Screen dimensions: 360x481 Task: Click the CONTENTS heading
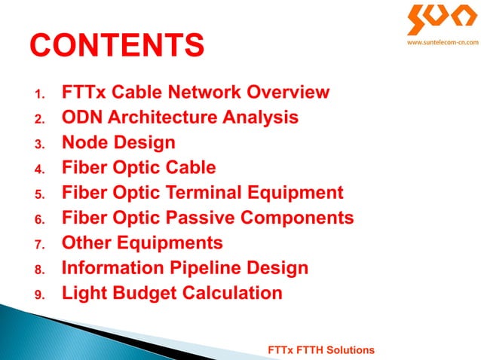click(117, 45)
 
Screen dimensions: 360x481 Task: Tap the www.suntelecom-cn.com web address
click(443, 44)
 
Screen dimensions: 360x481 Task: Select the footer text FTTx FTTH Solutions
click(321, 350)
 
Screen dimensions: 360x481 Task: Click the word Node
click(84, 143)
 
